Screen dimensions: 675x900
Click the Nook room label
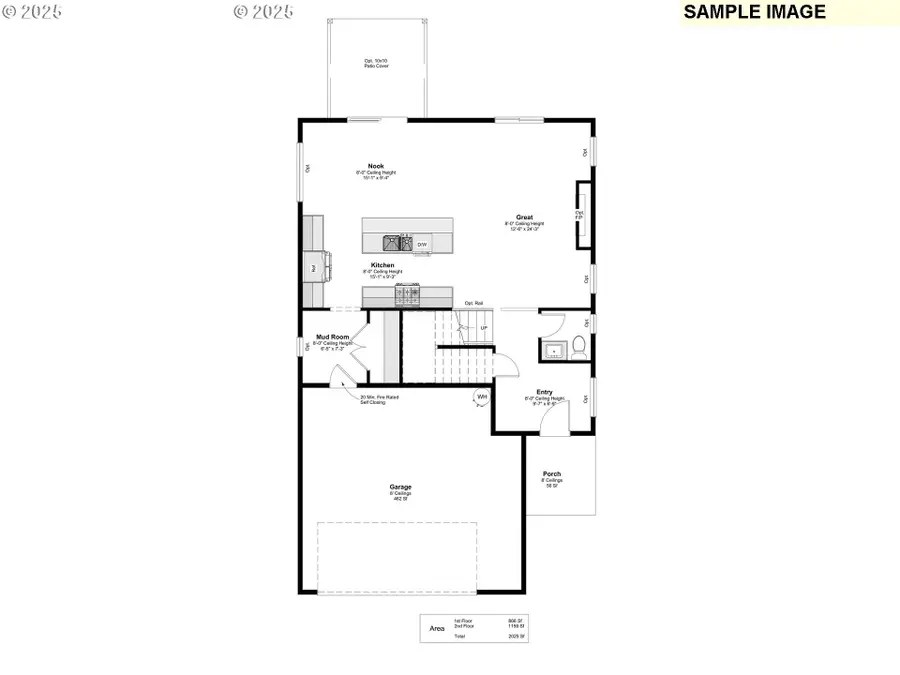(376, 166)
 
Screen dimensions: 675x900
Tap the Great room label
(524, 217)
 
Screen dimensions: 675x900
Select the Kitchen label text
(383, 265)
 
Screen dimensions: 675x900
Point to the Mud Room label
(333, 337)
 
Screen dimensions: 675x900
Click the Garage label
(401, 487)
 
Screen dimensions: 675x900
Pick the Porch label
(552, 473)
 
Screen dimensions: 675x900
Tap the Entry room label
(545, 392)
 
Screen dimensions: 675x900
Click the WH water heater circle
(481, 397)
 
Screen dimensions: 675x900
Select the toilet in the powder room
(577, 347)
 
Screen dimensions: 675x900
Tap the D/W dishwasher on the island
(423, 244)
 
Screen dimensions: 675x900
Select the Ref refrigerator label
(313, 268)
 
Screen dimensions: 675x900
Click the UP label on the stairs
(484, 328)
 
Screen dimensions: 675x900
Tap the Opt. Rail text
(474, 303)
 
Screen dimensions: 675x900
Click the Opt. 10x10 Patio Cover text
(377, 64)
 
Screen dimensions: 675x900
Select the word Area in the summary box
(437, 629)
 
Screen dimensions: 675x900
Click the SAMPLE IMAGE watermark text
(755, 12)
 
